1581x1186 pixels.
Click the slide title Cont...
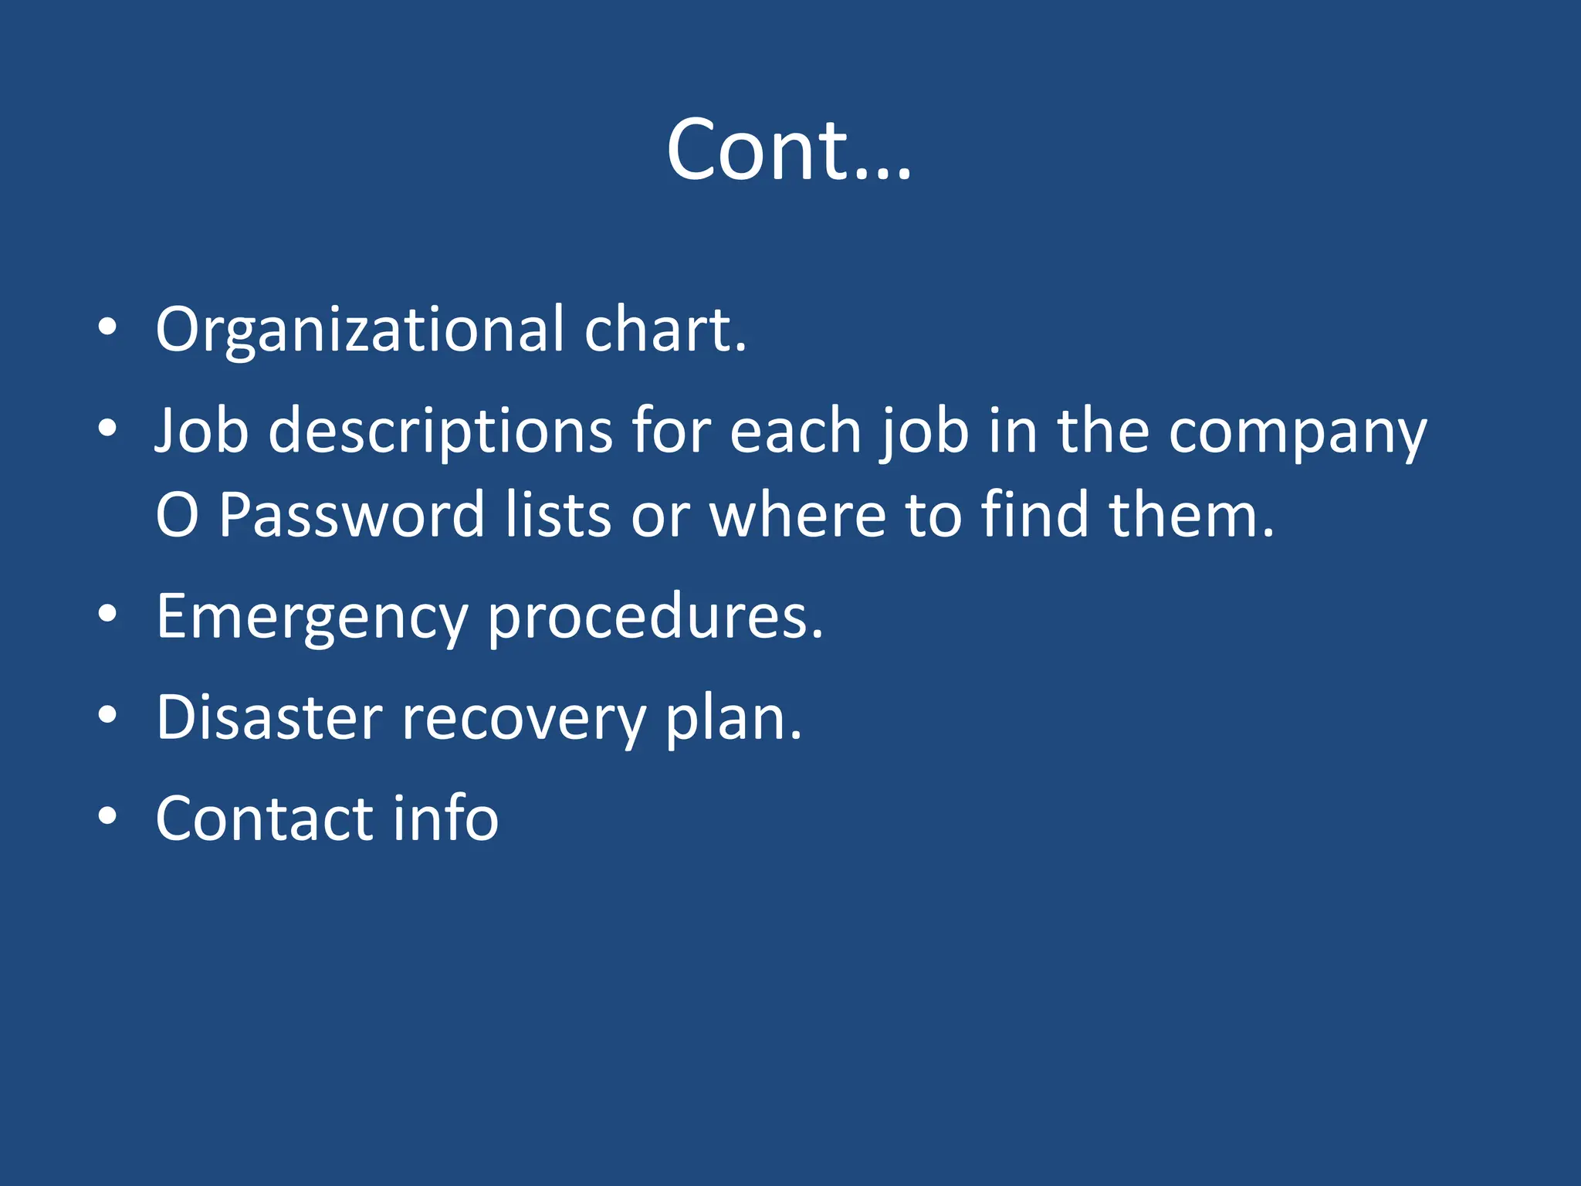788,150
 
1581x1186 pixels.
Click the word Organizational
361,330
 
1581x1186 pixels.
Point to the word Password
352,514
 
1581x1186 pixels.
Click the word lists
558,514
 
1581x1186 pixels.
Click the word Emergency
312,618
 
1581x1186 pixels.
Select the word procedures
655,618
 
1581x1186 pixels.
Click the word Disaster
269,717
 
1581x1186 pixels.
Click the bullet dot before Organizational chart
107,327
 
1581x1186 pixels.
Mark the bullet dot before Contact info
107,815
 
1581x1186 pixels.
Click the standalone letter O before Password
177,515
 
